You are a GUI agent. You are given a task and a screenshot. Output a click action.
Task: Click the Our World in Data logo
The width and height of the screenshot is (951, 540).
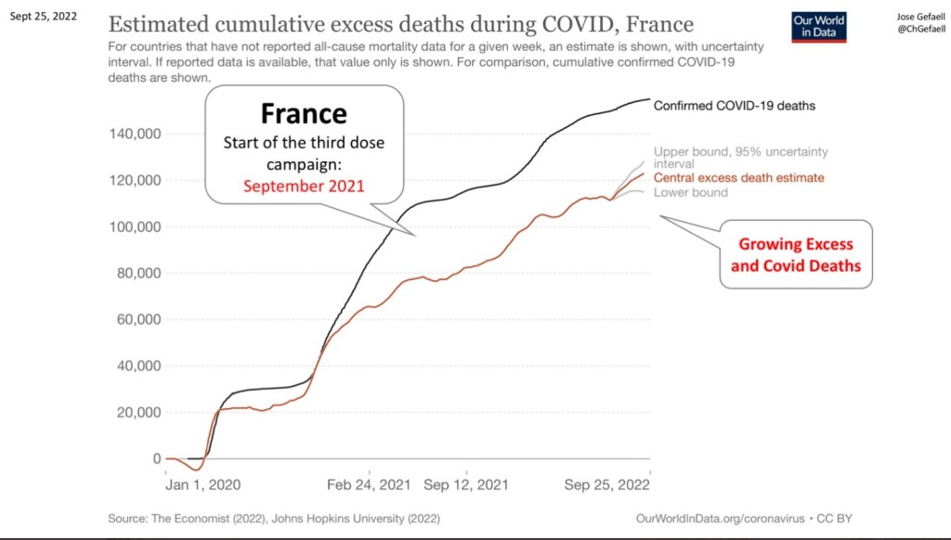pyautogui.click(x=817, y=27)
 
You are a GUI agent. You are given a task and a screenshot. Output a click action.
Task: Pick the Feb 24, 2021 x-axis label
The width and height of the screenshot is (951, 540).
pyautogui.click(x=370, y=484)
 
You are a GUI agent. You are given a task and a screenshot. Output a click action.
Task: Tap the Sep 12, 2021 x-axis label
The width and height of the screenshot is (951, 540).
pyautogui.click(x=464, y=484)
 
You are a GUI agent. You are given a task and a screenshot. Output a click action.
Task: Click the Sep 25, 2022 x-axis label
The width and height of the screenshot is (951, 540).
pyautogui.click(x=607, y=484)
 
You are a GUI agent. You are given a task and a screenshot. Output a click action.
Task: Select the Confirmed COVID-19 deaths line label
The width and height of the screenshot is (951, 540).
pyautogui.click(x=734, y=106)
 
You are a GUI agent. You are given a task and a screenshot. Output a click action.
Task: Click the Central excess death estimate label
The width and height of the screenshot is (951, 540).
pyautogui.click(x=739, y=177)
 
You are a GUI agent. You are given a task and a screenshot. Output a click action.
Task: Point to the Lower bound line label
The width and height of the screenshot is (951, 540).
pyautogui.click(x=691, y=193)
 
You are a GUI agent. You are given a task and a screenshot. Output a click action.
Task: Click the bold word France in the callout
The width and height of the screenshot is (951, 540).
pyautogui.click(x=304, y=114)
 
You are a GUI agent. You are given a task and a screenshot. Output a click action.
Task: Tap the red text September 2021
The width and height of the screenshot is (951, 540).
pyautogui.click(x=304, y=186)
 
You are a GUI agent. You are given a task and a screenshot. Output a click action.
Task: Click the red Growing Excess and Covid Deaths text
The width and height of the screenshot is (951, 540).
pyautogui.click(x=795, y=255)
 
